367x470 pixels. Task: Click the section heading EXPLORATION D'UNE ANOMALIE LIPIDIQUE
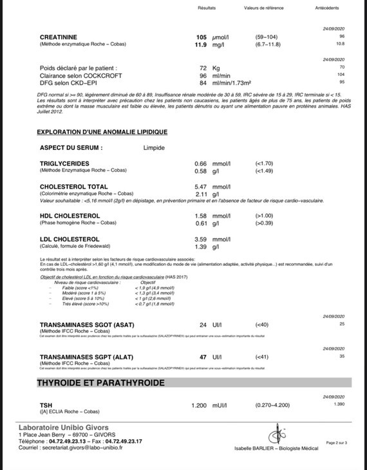tap(102, 131)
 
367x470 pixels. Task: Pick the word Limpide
tap(154, 148)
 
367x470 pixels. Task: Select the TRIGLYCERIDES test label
tap(64, 164)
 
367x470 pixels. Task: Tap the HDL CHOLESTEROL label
tap(70, 216)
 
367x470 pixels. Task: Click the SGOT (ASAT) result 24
tap(203, 324)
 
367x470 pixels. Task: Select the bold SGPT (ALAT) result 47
tap(203, 356)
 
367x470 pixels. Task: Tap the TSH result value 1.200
tap(199, 405)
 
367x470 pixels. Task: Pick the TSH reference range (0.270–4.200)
tap(272, 405)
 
